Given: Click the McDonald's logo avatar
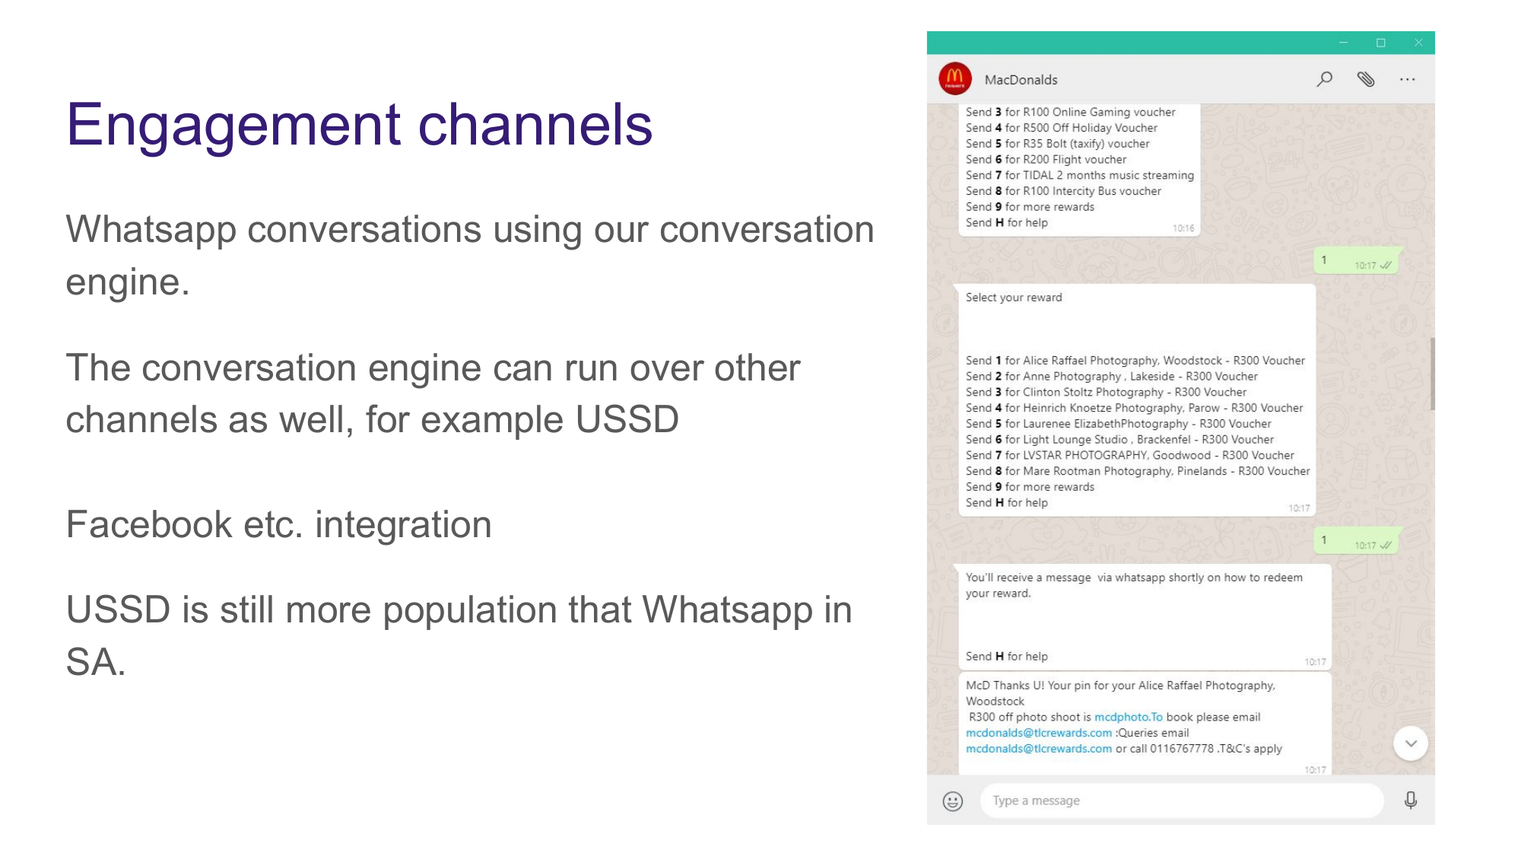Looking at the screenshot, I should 955,78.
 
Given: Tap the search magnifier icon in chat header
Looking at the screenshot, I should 1324,79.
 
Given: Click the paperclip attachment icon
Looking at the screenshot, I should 1366,79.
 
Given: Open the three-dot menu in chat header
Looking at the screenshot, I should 1407,79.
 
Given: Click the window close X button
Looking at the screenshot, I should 1418,43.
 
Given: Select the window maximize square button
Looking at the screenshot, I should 1381,43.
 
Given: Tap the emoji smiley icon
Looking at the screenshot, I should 953,800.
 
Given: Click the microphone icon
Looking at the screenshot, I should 1411,800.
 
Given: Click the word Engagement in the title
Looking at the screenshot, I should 233,125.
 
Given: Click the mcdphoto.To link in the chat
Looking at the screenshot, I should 1128,717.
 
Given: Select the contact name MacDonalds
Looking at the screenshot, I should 1021,80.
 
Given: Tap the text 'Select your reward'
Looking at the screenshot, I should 1014,298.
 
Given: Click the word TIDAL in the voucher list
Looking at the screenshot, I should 1038,175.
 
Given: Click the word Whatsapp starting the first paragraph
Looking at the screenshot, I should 151,229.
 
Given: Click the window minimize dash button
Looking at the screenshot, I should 1344,43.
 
